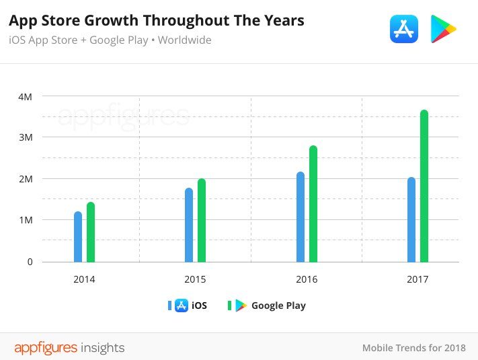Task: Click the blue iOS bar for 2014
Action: click(78, 237)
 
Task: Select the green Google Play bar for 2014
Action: click(91, 232)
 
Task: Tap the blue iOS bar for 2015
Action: click(189, 225)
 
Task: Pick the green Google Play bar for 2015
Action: click(202, 220)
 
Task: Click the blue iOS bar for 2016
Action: click(301, 217)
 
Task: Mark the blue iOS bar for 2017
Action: click(411, 219)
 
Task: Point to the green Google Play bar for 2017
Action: click(424, 186)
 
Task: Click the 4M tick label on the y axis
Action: click(25, 96)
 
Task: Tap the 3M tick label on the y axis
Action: click(25, 137)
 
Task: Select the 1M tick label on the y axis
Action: click(25, 220)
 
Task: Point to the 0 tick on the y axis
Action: click(30, 262)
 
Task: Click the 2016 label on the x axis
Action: click(307, 279)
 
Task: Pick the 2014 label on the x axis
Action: click(85, 279)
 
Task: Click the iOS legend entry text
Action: click(199, 305)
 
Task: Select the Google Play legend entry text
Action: click(278, 305)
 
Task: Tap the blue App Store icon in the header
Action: click(404, 29)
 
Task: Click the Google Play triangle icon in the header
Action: click(443, 29)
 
